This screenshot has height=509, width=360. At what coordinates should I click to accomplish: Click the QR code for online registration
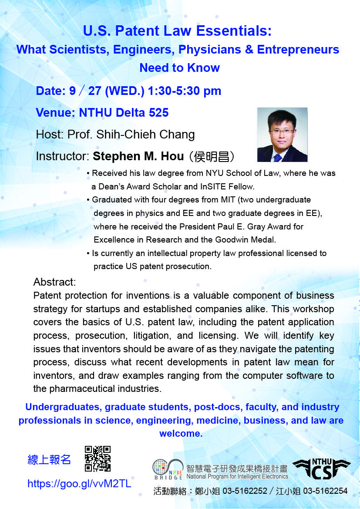click(x=98, y=458)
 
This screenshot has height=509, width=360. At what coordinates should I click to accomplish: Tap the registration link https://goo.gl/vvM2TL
click(x=80, y=484)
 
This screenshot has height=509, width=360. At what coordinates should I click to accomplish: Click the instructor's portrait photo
click(x=282, y=135)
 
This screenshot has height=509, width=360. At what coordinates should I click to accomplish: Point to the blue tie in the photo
click(x=277, y=158)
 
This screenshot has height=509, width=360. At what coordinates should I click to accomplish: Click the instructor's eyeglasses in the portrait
click(x=281, y=131)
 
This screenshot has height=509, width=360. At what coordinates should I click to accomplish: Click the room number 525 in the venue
click(x=159, y=113)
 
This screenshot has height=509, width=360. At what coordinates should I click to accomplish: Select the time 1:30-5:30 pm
click(x=185, y=91)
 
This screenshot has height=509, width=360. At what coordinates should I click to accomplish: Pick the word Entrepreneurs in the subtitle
click(x=298, y=50)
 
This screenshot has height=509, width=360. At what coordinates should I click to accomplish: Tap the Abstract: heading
click(x=54, y=282)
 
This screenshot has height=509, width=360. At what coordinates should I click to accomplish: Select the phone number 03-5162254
click(x=325, y=491)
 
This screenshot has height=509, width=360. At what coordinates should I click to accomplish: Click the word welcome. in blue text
click(x=181, y=434)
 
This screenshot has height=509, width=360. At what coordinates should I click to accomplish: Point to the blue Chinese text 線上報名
click(x=49, y=460)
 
